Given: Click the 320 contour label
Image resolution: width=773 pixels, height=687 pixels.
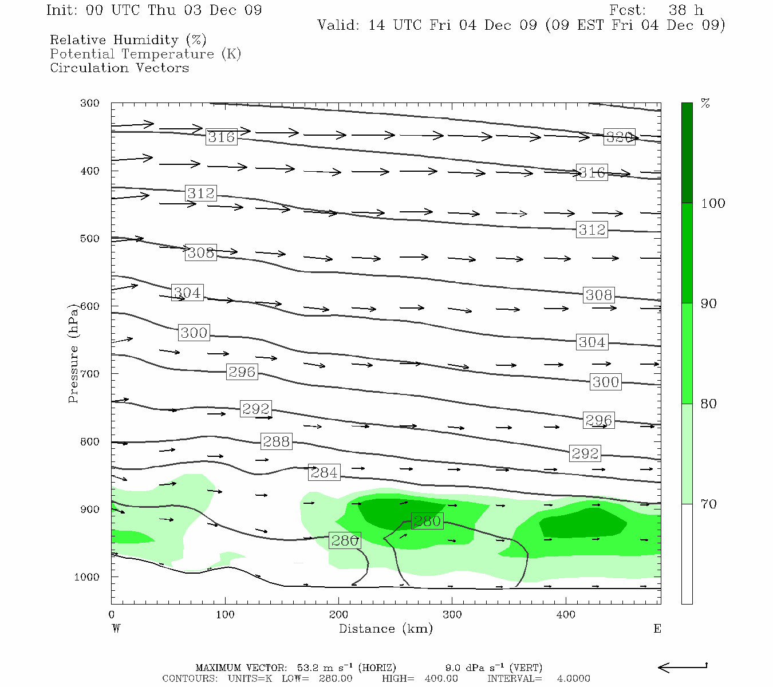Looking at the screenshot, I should pos(620,137).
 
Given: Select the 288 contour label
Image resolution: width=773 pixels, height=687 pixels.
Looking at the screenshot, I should pos(277,441).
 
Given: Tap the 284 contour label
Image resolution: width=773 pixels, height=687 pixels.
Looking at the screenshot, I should pos(324,472).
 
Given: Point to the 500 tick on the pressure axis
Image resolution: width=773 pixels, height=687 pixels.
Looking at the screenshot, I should pos(90,239).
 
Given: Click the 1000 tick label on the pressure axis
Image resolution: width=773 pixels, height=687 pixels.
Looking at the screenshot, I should pos(87,577).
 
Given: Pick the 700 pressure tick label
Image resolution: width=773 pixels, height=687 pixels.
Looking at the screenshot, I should pos(90,374).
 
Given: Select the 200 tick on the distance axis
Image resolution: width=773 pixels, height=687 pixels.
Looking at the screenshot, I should pos(338,614).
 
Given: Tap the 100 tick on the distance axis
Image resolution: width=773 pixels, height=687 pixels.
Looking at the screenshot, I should pos(225,614).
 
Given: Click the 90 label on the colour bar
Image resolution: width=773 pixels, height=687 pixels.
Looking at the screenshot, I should pos(709,303).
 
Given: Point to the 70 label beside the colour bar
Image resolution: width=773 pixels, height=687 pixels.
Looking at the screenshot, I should pos(709,504).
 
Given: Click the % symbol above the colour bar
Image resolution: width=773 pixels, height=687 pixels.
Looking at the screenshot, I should pos(705,104).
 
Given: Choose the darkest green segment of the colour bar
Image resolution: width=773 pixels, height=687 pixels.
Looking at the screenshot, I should pos(687,153).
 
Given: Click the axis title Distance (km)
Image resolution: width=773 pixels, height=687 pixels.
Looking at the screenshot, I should pos(385,629).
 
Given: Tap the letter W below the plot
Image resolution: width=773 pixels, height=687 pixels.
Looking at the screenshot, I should pos(116,629).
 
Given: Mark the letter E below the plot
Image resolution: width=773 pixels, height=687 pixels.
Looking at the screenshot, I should pos(657,629).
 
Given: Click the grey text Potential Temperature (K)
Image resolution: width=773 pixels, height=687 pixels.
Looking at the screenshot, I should pos(145,54).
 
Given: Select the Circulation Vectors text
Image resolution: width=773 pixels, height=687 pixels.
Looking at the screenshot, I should pos(119,68).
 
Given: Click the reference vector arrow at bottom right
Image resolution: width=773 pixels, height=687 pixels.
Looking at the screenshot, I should pos(683,667).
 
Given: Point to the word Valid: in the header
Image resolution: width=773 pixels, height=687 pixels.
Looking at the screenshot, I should pos(338,25).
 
